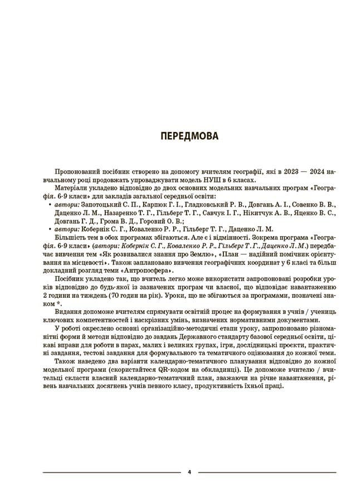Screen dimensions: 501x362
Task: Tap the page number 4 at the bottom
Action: [189, 473]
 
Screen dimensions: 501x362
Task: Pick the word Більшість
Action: [72, 236]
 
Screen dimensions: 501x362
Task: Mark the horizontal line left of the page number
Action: [111, 473]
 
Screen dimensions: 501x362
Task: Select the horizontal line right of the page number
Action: [267, 473]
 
